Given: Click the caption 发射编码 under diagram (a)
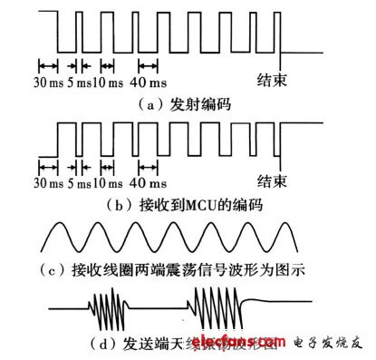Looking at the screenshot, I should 201,104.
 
